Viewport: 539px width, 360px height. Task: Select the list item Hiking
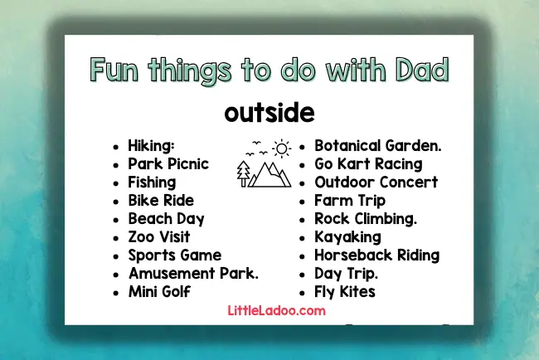click(157, 145)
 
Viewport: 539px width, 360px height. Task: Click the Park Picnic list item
click(168, 163)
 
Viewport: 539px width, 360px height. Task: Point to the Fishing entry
click(152, 182)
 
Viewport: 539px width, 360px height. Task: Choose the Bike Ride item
click(161, 200)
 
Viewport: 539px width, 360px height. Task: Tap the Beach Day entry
click(166, 219)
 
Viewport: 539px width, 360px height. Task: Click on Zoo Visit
click(159, 237)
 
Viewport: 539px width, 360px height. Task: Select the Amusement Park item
click(193, 274)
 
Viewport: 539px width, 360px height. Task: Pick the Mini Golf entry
click(159, 292)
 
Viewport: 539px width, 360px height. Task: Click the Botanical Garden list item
click(377, 145)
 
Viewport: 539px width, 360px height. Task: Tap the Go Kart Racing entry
click(368, 163)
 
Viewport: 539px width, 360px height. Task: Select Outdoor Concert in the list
click(376, 182)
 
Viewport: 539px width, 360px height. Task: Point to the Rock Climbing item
click(366, 219)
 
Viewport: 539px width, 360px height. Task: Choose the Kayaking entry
click(347, 237)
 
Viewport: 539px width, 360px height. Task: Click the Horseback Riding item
click(376, 255)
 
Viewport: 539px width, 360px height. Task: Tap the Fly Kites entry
click(345, 292)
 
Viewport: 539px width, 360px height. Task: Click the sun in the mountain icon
click(283, 148)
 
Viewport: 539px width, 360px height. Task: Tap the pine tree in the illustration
click(244, 171)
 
